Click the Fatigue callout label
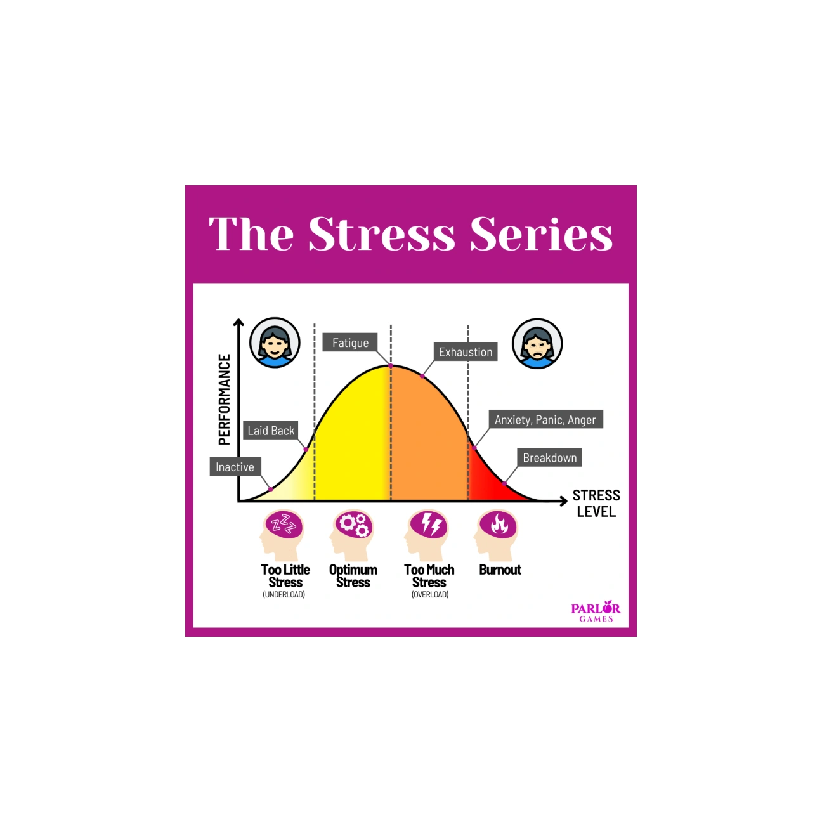350,342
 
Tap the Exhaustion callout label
466,352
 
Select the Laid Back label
271,431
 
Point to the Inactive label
235,467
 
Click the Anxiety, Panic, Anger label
545,419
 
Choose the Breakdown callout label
549,457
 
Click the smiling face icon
275,343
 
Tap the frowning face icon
537,343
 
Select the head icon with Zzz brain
282,534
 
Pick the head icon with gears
352,534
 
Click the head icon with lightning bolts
427,534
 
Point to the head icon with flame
497,534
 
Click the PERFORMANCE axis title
225,400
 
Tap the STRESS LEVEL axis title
596,504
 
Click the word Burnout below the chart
500,570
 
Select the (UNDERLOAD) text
284,595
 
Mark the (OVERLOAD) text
430,595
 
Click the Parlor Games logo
596,611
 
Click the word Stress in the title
382,233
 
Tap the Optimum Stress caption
353,576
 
